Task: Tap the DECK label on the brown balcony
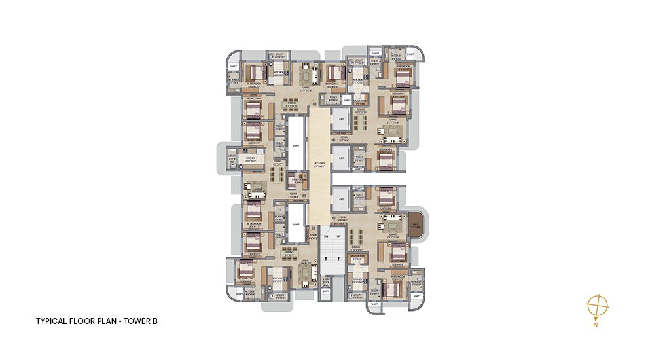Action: click(x=415, y=224)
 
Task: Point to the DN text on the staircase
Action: click(x=325, y=236)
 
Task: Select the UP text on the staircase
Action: click(x=338, y=236)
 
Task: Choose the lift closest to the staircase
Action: click(x=339, y=198)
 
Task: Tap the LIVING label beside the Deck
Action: click(x=393, y=234)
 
